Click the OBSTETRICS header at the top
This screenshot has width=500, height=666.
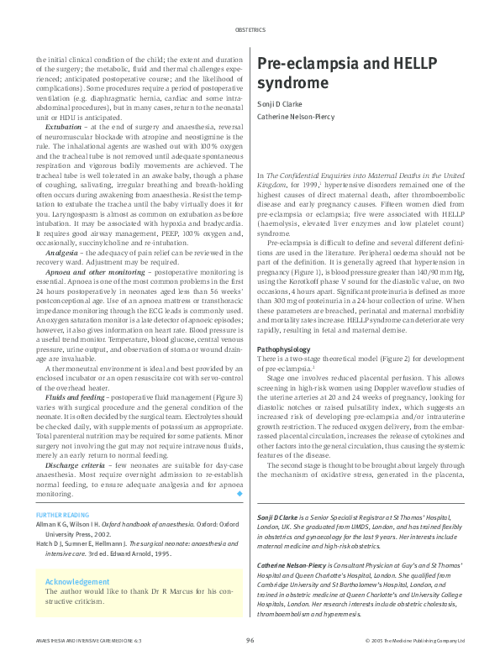pyautogui.click(x=250, y=29)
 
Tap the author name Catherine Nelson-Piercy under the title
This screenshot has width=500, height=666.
pyautogui.click(x=299, y=118)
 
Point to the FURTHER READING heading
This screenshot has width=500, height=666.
pyautogui.click(x=61, y=513)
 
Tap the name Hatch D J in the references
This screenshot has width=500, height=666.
pyautogui.click(x=51, y=543)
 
